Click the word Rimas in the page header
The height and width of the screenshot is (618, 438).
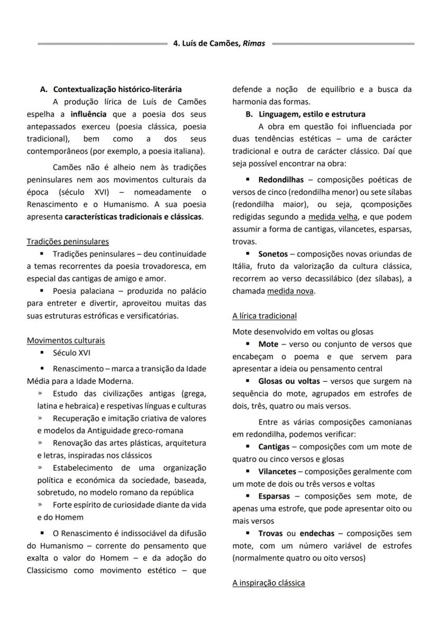click(x=254, y=44)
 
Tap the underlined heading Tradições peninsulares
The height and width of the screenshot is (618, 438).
click(x=68, y=241)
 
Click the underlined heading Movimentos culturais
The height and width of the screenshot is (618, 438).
click(x=66, y=340)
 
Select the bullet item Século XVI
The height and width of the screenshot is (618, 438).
click(x=71, y=352)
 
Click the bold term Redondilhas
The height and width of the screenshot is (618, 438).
click(x=281, y=180)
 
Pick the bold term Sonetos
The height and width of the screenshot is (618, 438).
click(x=272, y=254)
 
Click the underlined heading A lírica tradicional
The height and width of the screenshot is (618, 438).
click(x=264, y=316)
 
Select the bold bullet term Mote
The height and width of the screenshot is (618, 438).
click(x=268, y=344)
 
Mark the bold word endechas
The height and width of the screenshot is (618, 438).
click(x=316, y=533)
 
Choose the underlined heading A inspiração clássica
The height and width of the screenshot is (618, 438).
click(x=268, y=583)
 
